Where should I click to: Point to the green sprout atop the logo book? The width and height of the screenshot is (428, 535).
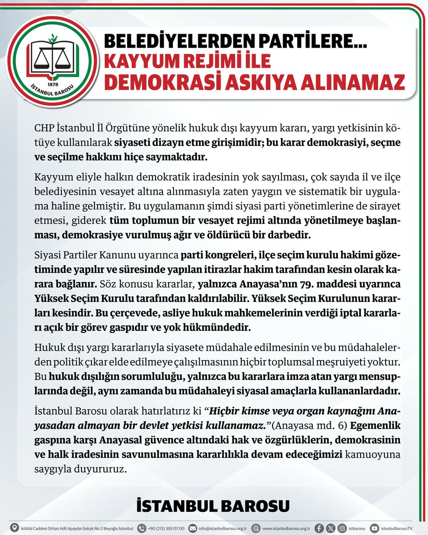click(x=53, y=38)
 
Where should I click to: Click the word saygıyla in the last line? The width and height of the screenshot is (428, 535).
click(x=53, y=469)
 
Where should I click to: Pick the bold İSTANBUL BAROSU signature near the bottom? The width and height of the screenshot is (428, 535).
click(x=214, y=506)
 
